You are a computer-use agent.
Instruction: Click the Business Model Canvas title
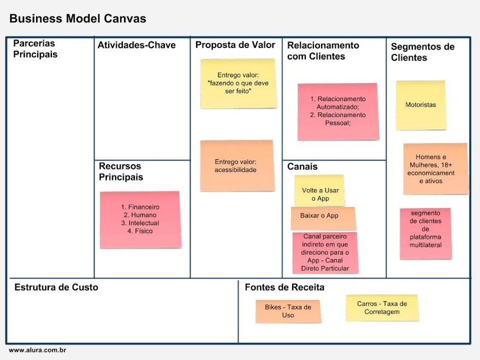click(x=78, y=19)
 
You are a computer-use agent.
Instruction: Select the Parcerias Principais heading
click(x=35, y=49)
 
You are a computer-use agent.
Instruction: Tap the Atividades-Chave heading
click(x=137, y=45)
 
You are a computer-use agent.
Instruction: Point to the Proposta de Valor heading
click(x=235, y=45)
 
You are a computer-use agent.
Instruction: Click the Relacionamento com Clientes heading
click(x=323, y=51)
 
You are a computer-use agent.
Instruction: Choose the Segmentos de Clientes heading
click(x=422, y=52)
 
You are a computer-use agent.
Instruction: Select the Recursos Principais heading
click(x=121, y=172)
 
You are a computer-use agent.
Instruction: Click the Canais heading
click(x=302, y=167)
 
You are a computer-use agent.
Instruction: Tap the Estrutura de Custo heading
click(x=56, y=287)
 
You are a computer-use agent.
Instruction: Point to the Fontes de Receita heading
click(x=285, y=287)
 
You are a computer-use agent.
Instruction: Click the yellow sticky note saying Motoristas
click(x=420, y=105)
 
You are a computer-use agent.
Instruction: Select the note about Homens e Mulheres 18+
click(x=435, y=169)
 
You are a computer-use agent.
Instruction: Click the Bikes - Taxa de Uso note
click(x=288, y=311)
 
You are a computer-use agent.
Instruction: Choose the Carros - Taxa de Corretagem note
click(x=382, y=308)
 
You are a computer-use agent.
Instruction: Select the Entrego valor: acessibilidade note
click(x=236, y=166)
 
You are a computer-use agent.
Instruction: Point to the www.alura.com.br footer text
click(x=37, y=350)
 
